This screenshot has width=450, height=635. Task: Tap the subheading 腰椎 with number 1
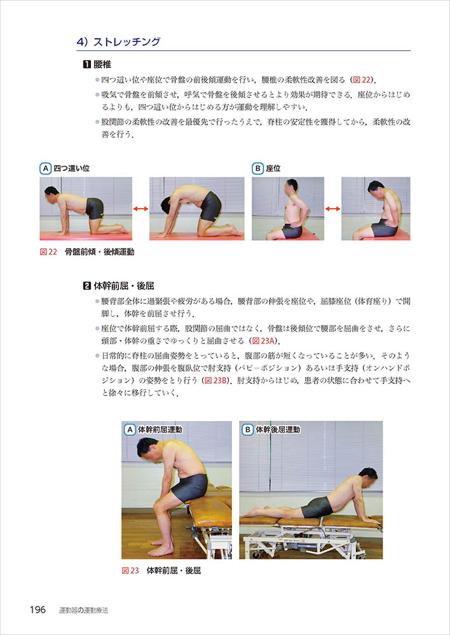tap(97, 64)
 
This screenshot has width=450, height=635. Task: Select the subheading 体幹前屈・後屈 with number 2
tap(118, 286)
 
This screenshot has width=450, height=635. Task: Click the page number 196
tap(37, 610)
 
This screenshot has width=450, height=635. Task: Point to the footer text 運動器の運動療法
tap(83, 610)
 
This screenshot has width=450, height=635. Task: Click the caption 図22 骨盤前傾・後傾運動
tap(87, 252)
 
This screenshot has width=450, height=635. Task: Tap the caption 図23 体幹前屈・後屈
tap(161, 571)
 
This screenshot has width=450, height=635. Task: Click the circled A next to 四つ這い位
tap(45, 168)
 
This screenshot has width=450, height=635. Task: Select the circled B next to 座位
tap(257, 168)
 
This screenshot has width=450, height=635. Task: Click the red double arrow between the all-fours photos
tap(140, 209)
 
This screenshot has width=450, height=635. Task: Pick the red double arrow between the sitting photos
tap(333, 209)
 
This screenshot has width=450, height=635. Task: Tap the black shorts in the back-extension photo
tap(317, 507)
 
